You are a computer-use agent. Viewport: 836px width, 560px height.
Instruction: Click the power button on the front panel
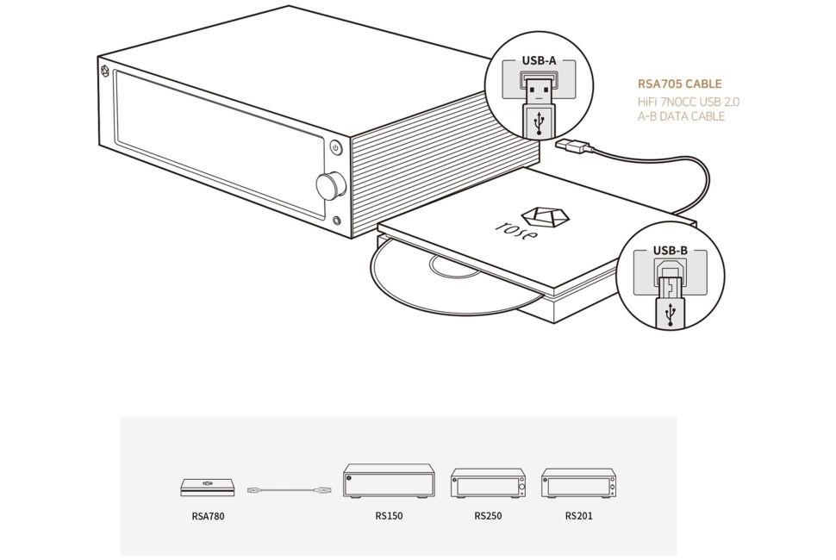pos(336,147)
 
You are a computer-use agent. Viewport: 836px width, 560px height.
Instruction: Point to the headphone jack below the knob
pos(336,221)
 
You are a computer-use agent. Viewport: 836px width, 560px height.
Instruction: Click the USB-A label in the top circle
pos(539,61)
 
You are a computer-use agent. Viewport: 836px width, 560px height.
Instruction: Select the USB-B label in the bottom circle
pos(671,251)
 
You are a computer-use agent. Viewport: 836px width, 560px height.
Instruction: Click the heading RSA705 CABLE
pos(680,84)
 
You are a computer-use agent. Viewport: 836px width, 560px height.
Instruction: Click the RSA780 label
pos(208,516)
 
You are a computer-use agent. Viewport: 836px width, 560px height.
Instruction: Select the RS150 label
pos(389,516)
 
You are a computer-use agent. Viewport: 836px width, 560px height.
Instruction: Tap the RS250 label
pos(488,516)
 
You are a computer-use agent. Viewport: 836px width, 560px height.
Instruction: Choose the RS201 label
pos(578,516)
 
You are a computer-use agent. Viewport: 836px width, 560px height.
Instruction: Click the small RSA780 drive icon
pos(208,487)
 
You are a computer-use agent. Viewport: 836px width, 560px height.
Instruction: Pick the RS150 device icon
pos(389,481)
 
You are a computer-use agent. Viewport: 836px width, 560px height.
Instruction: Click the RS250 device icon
pos(489,483)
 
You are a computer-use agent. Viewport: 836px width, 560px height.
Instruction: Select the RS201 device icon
pos(579,483)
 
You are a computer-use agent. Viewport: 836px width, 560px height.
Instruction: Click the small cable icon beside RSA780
pos(290,489)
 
